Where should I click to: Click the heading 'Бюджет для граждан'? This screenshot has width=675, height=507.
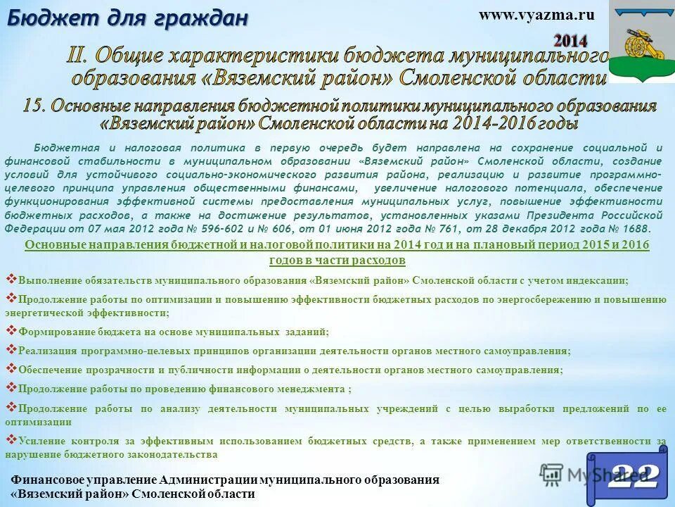[127, 18]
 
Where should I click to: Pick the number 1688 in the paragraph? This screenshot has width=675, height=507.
[637, 228]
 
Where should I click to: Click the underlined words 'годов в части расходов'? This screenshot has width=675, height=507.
[337, 261]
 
